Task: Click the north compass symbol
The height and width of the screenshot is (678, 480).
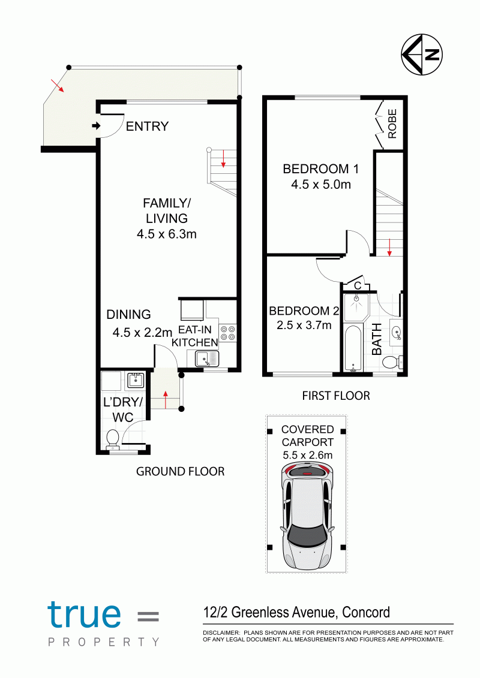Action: point(422,55)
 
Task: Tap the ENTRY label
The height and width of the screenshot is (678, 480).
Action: point(147,126)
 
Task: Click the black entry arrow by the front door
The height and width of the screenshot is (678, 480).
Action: point(96,126)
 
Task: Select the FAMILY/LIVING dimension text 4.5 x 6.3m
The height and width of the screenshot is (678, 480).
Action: point(167,234)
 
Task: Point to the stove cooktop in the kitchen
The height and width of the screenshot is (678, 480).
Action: point(227,333)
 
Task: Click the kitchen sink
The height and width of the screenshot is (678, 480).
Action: point(207,358)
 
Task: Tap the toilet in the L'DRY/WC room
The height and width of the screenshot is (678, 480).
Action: point(113,439)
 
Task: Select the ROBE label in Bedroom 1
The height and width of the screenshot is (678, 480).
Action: point(392,123)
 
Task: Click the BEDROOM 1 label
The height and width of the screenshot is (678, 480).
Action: point(321,168)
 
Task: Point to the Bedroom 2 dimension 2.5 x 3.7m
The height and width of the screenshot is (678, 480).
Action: point(304,325)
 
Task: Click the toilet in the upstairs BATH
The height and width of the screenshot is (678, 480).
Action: point(393,362)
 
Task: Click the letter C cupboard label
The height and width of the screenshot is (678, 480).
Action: point(358,286)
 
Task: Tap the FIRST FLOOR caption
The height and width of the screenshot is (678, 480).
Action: point(336,396)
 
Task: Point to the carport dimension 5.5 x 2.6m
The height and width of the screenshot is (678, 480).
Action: point(308,455)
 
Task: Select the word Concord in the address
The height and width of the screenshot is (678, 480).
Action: point(366,612)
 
